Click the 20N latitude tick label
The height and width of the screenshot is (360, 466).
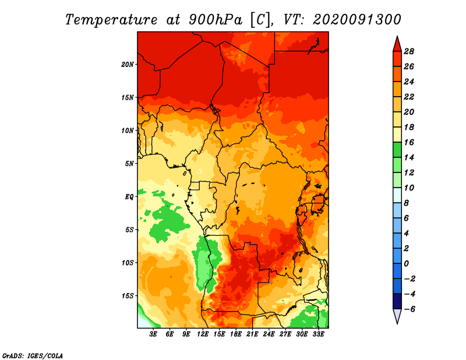pyautogui.click(x=128, y=65)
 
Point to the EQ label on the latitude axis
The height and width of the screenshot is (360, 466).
pyautogui.click(x=129, y=197)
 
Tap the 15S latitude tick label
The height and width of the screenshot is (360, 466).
pyautogui.click(x=128, y=296)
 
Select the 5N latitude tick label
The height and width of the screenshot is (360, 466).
pyautogui.click(x=129, y=164)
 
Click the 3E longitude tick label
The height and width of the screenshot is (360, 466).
pyautogui.click(x=153, y=334)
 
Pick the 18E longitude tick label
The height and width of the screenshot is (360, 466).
pyautogui.click(x=236, y=334)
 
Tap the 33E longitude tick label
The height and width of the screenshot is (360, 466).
pyautogui.click(x=318, y=334)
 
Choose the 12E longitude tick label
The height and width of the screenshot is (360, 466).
pyautogui.click(x=203, y=334)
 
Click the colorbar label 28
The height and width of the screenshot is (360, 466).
pyautogui.click(x=409, y=51)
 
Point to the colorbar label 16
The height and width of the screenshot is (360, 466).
pyautogui.click(x=409, y=142)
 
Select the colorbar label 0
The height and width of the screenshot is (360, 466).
pyautogui.click(x=406, y=264)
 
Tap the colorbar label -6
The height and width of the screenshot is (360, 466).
pyautogui.click(x=409, y=309)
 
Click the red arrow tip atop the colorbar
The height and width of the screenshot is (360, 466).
pyautogui.click(x=397, y=37)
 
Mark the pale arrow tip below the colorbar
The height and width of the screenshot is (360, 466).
pyautogui.click(x=397, y=323)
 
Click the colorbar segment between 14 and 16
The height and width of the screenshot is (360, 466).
pyautogui.click(x=397, y=150)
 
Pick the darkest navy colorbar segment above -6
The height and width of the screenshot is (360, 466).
pyautogui.click(x=397, y=301)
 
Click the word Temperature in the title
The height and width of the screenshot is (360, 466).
pyautogui.click(x=111, y=20)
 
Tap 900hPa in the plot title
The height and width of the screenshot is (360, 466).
pyautogui.click(x=216, y=20)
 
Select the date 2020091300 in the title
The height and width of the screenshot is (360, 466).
pyautogui.click(x=357, y=20)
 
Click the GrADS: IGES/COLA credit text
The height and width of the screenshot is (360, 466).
pyautogui.click(x=33, y=356)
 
